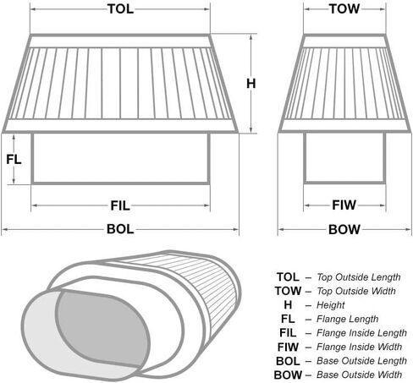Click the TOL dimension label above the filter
pos(120,9)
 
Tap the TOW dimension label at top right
pos(344,9)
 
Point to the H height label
pos(251,84)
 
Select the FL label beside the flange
pos(14,160)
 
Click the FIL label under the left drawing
pos(120,205)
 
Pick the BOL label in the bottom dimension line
pos(120,229)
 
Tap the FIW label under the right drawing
pos(344,205)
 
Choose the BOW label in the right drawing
pos(344,229)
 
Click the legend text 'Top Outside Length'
pos(359,277)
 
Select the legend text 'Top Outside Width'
pos(356,291)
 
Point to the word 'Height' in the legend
pos(331,305)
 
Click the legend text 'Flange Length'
pos(347,319)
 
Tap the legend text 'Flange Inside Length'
pos(361,333)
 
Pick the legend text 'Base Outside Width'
pos(360,375)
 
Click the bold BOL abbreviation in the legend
pos(288,361)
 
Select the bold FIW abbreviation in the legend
pos(288,347)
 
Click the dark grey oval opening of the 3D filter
pos(102,327)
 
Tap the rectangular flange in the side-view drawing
pos(121,158)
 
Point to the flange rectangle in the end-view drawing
pos(344,158)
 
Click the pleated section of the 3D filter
pos(197,285)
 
